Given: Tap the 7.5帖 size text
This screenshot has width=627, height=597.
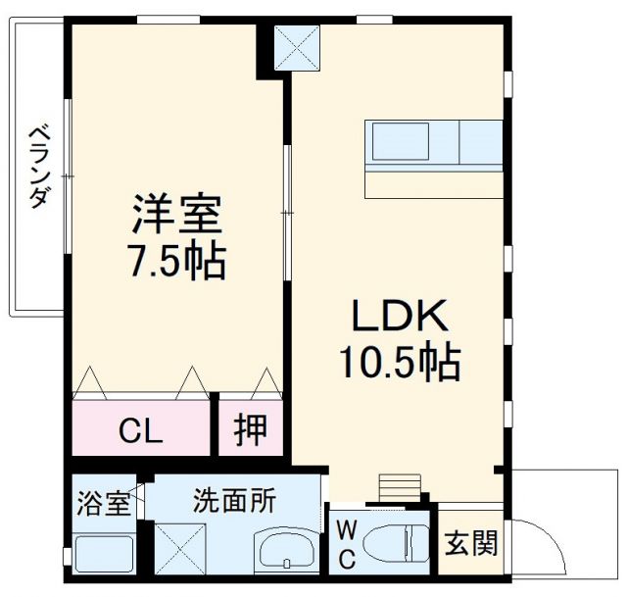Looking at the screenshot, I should (x=177, y=261).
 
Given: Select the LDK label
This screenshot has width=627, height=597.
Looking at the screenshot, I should (x=399, y=316).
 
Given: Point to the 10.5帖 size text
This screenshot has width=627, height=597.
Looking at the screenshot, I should (x=400, y=365).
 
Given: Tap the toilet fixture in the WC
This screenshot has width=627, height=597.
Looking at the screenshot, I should (x=407, y=541).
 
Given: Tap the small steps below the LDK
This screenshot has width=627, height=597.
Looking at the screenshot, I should (x=398, y=486).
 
